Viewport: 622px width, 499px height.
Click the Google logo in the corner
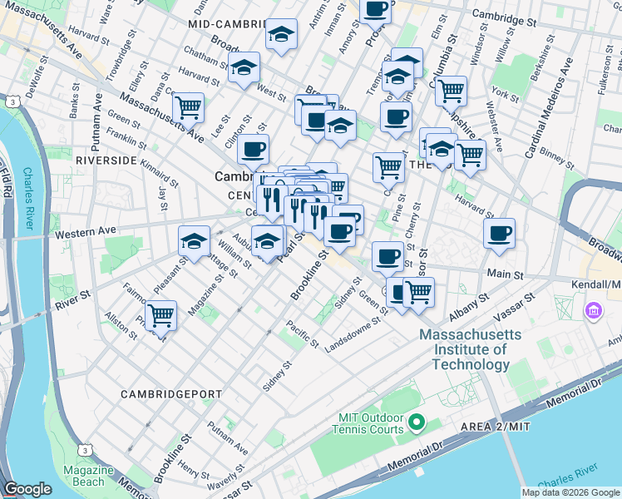pyautogui.click(x=27, y=489)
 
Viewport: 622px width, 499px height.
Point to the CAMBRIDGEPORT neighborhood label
pyautogui.click(x=170, y=393)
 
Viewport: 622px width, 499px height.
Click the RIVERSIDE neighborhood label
pyautogui.click(x=106, y=159)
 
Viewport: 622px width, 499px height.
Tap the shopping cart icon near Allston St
pyautogui.click(x=160, y=315)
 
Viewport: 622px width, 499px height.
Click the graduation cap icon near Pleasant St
pyautogui.click(x=194, y=242)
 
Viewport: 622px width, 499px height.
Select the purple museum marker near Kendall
pyautogui.click(x=594, y=311)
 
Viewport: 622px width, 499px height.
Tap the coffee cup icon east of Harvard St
pyautogui.click(x=499, y=233)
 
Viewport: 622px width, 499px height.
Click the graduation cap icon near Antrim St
pyautogui.click(x=281, y=35)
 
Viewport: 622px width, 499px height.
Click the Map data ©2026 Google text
pyautogui.click(x=571, y=492)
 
